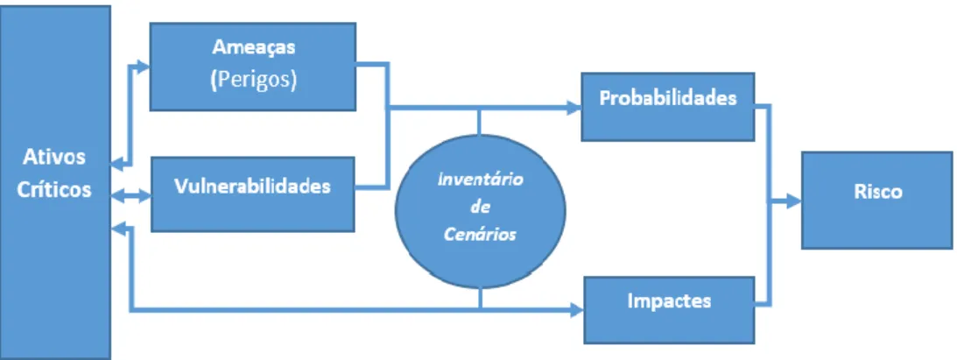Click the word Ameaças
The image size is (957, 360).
click(x=253, y=47)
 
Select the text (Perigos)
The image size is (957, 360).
click(x=253, y=81)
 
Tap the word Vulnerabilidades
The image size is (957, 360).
click(x=252, y=186)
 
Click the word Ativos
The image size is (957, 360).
click(x=54, y=157)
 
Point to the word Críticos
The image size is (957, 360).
click(x=54, y=190)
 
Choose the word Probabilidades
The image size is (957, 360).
click(x=668, y=99)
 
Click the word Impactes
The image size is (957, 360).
click(x=669, y=300)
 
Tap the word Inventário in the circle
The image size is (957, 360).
click(x=480, y=181)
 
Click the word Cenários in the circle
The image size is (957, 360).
click(x=480, y=234)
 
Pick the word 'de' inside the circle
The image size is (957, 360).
click(x=480, y=208)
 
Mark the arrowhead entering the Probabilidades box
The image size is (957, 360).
click(x=573, y=108)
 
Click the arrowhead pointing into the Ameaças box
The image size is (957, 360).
click(x=143, y=66)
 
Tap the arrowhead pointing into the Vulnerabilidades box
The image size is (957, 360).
click(x=144, y=196)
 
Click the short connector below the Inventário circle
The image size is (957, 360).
click(x=481, y=299)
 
